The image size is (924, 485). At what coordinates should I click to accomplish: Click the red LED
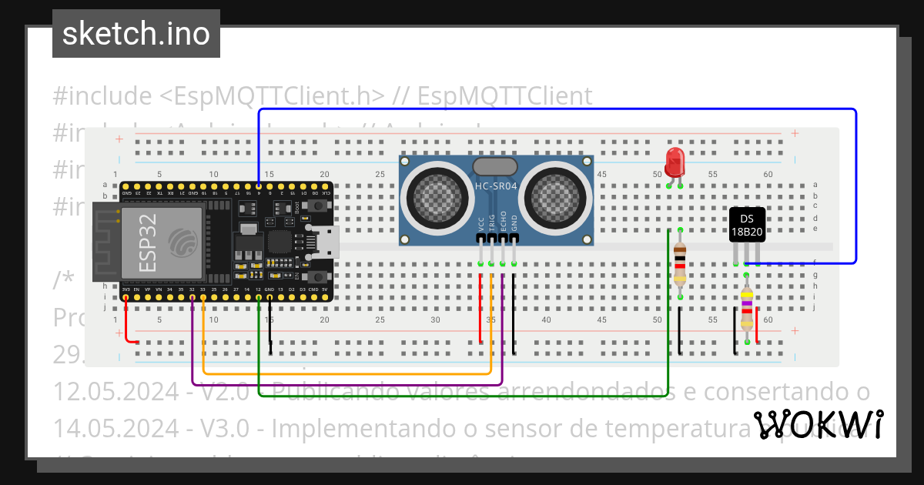(675, 162)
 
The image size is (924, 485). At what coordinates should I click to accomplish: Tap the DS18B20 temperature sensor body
(747, 224)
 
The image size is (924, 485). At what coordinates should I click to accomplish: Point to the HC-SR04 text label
(496, 186)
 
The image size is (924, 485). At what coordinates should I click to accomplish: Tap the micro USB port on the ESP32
(327, 241)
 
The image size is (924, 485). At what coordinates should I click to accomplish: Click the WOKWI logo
(819, 424)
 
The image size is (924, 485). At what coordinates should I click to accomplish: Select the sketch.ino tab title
(136, 34)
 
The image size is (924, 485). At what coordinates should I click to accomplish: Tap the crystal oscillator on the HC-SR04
(495, 166)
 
